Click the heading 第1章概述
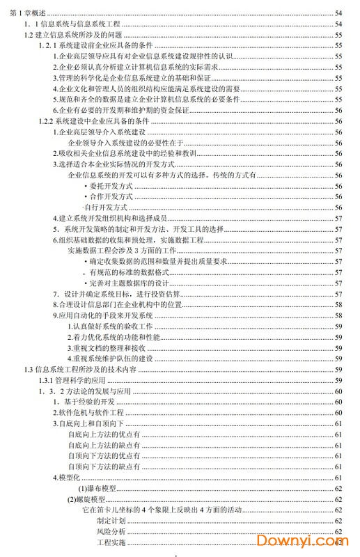pyautogui.click(x=23, y=13)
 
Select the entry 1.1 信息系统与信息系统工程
pyautogui.click(x=72, y=24)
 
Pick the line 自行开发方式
pyautogui.click(x=106, y=207)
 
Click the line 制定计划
pyautogui.click(x=111, y=520)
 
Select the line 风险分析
pyautogui.click(x=111, y=531)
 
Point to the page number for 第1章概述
pyautogui.click(x=338, y=13)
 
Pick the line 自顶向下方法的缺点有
pyautogui.click(x=104, y=466)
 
